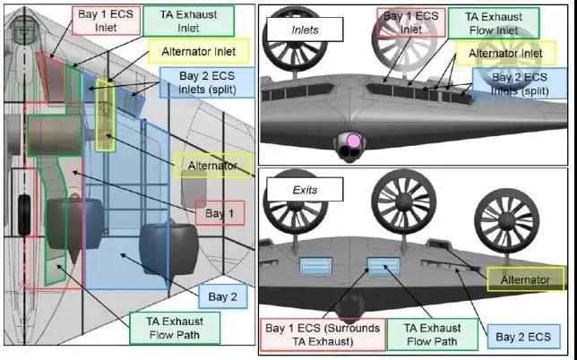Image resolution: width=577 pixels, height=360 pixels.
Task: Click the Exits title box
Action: (x=290, y=191)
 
